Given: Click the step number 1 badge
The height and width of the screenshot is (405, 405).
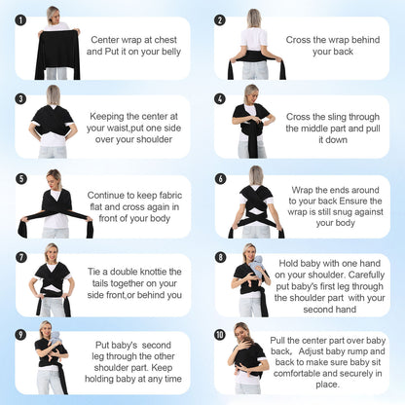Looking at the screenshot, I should click(20, 19).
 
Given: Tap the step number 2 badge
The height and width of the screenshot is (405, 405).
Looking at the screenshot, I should click(219, 19).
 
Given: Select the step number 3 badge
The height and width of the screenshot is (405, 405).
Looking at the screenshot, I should click(20, 98).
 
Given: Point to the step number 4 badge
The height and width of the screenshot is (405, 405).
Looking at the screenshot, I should click(219, 98).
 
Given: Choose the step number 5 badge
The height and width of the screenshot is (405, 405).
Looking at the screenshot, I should click(20, 179).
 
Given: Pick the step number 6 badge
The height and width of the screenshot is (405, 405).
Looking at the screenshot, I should click(219, 179).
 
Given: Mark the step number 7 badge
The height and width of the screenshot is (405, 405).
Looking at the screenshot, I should click(20, 258).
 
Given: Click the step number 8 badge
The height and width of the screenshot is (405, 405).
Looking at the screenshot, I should click(219, 258).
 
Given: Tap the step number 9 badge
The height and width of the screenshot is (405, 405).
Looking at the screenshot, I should click(20, 335).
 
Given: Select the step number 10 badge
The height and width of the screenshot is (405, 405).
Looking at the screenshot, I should click(219, 335).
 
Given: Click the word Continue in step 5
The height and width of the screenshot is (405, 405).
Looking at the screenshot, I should click(110, 195).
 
